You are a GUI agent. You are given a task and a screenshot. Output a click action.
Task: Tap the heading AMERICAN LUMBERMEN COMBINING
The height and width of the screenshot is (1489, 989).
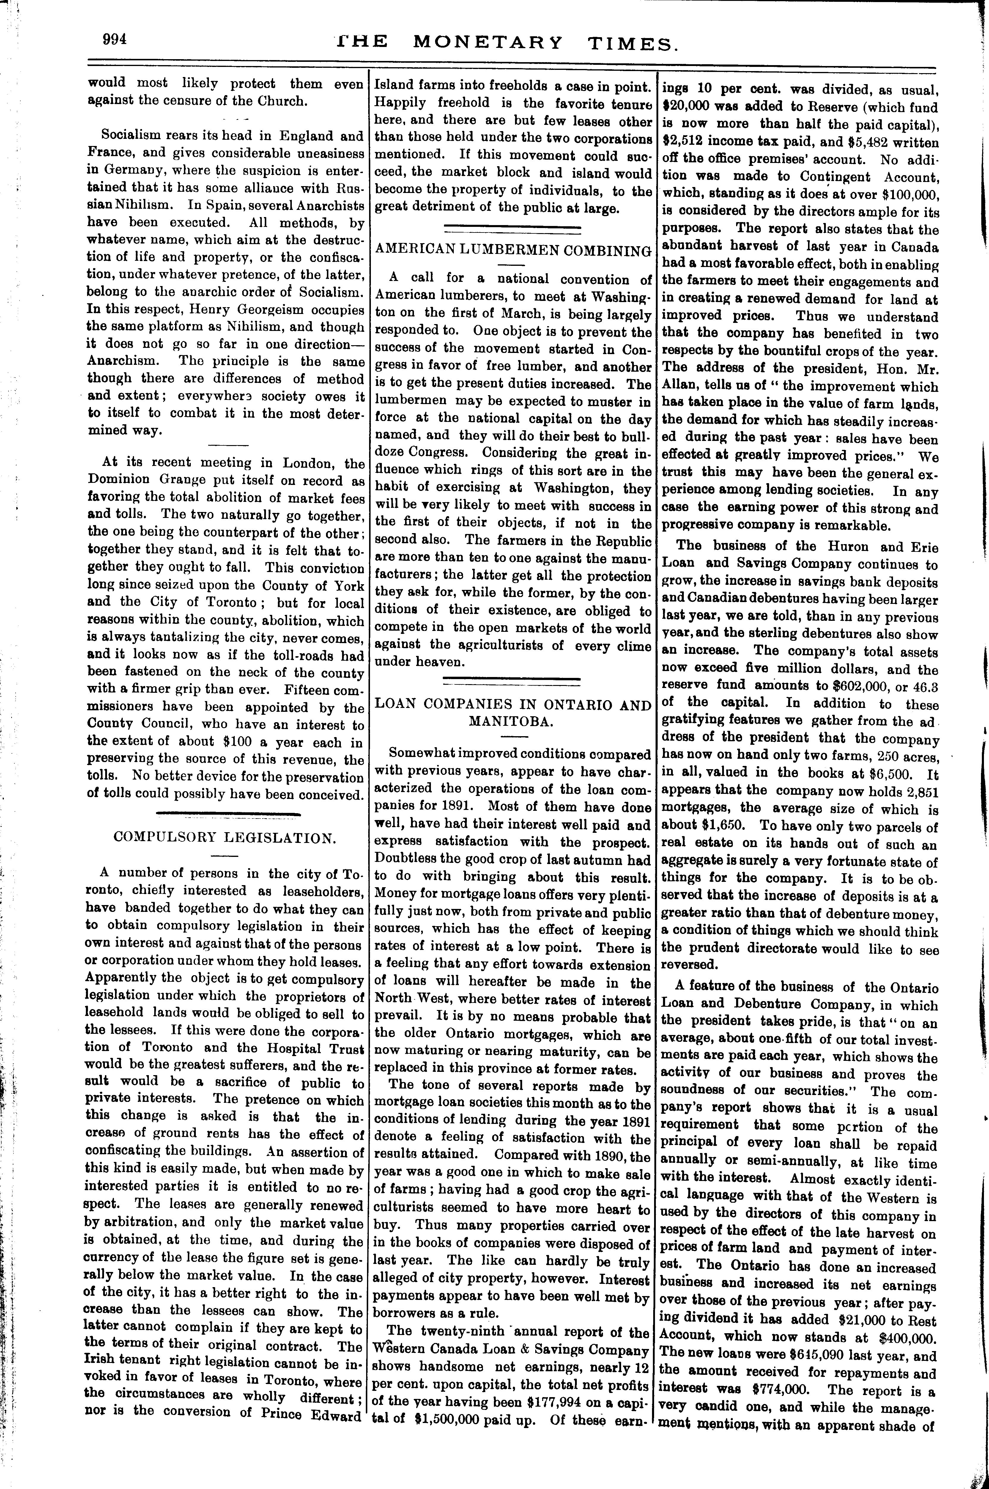513,251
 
